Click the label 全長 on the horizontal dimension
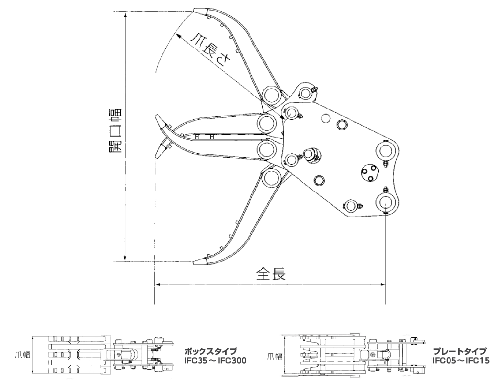270,274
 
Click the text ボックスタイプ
210,351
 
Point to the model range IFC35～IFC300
215,360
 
